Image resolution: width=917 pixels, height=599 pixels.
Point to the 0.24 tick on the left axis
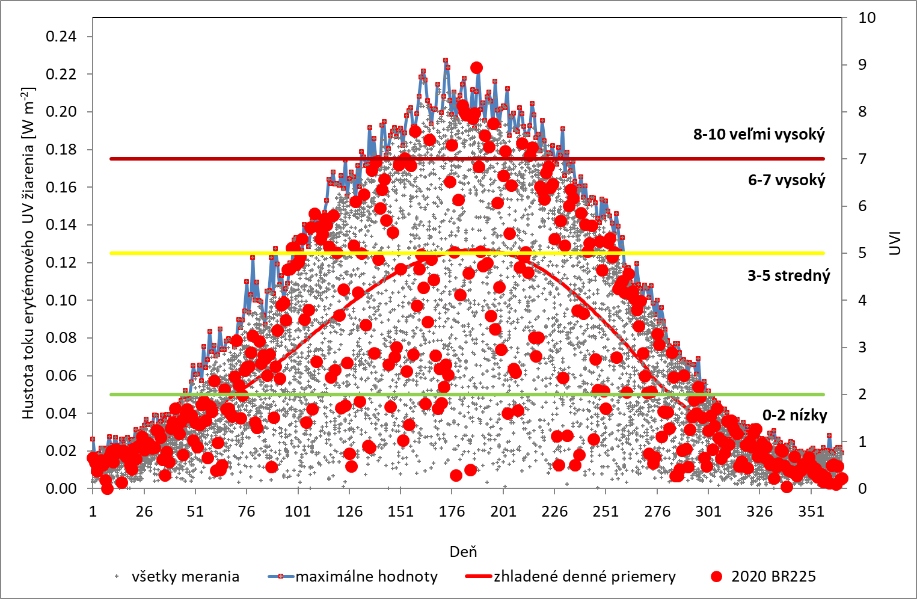pos(61,37)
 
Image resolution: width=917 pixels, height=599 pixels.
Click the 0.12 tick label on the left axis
pos(61,263)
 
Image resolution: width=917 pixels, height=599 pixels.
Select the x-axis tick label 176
pos(452,512)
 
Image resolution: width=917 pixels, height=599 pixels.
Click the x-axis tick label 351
pos(811,512)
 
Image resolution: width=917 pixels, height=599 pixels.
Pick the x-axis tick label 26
pos(144,512)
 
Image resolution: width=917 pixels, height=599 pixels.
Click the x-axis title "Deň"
pos(463,551)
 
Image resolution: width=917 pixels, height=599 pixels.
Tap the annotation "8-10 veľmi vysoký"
pos(759,134)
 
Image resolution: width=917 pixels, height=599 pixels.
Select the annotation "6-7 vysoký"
pos(787,180)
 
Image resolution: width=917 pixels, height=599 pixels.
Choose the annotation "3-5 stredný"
pos(788,276)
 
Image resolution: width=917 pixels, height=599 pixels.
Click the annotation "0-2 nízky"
pos(794,415)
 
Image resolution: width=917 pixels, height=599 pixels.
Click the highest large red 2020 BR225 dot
pos(476,68)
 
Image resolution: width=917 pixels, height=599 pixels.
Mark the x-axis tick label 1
pos(93,512)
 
